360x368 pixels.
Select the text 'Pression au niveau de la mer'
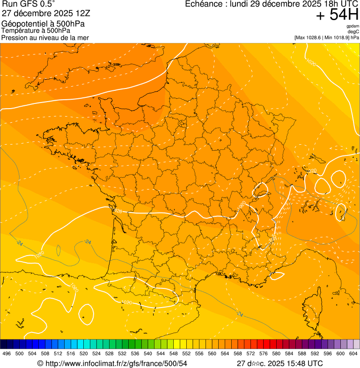[45, 37]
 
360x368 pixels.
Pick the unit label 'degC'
[354, 31]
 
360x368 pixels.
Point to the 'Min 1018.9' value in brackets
[337, 37]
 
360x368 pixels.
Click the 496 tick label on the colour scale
[7, 353]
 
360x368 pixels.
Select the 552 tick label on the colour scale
[186, 353]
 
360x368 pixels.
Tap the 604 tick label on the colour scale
[353, 353]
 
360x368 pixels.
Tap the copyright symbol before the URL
[40, 363]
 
